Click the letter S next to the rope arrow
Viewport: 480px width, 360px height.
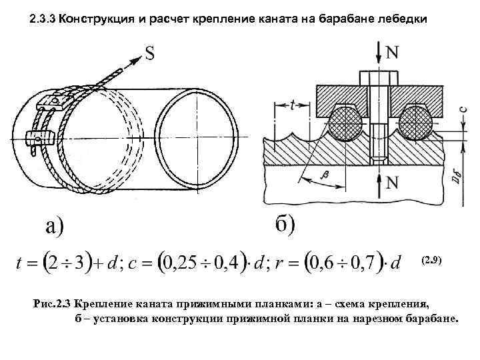point(151,53)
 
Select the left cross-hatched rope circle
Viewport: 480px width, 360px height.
point(346,125)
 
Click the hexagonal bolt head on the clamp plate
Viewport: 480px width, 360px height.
point(378,77)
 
